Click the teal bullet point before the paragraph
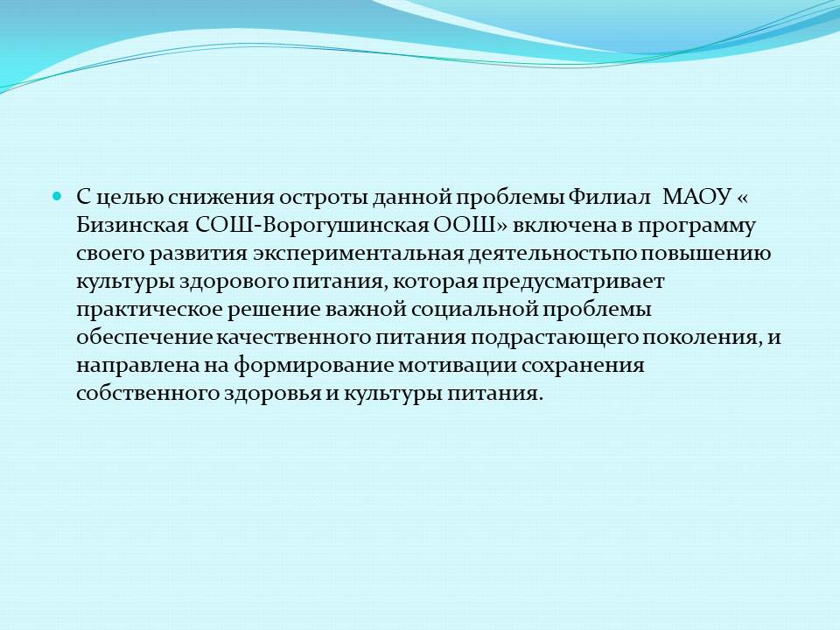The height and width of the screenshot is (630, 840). click(x=57, y=196)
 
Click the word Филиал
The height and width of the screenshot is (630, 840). click(x=609, y=197)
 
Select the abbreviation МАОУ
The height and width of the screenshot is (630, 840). click(x=696, y=197)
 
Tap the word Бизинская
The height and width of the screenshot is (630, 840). click(x=132, y=226)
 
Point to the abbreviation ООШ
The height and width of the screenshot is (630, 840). click(x=465, y=226)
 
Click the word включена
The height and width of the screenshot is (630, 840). click(x=564, y=226)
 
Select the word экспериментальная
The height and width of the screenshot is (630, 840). click(x=358, y=254)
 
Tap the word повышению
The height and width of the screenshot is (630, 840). click(x=706, y=254)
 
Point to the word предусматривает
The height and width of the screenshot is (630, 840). click(x=572, y=281)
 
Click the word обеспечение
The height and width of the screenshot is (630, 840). click(x=145, y=338)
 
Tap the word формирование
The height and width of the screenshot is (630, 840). click(x=313, y=366)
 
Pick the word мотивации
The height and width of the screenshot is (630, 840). click(x=457, y=366)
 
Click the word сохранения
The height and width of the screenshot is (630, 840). click(x=583, y=366)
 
